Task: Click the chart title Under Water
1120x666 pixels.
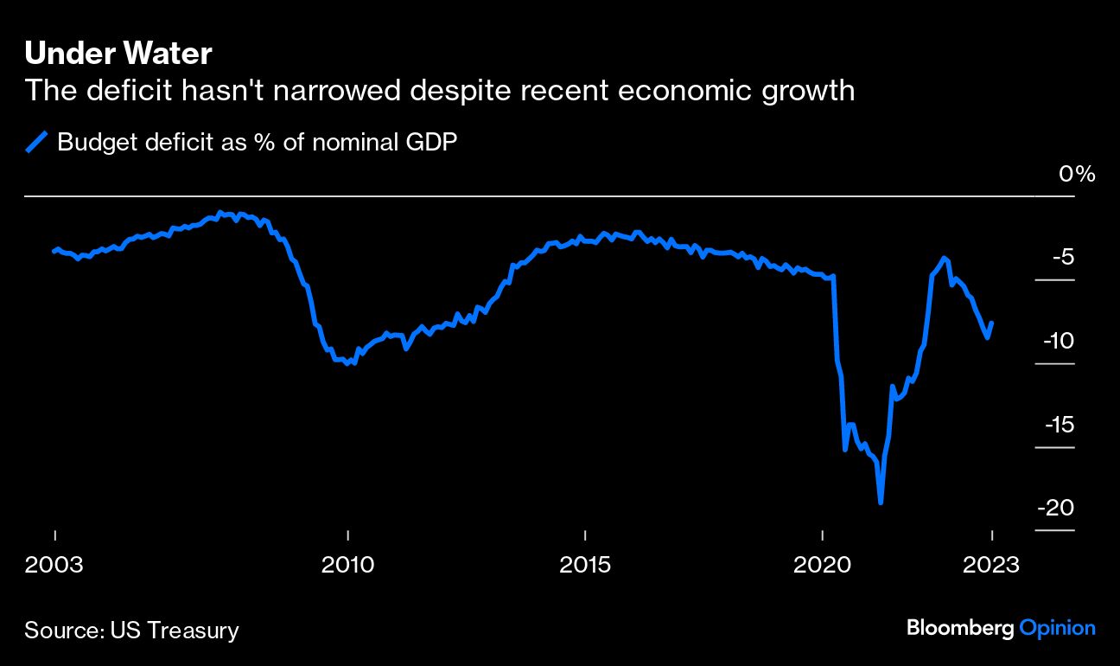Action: [x=118, y=54]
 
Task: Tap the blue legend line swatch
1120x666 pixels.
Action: [x=37, y=142]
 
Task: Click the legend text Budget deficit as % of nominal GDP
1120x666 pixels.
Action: [x=257, y=142]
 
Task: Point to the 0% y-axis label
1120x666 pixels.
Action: [x=1077, y=174]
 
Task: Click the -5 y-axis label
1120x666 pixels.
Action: [x=1064, y=258]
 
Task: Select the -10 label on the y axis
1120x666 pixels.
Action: [x=1059, y=341]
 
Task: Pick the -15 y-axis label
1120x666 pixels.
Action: [x=1059, y=425]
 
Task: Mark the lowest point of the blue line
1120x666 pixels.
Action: [x=881, y=502]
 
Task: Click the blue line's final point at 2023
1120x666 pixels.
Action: [x=992, y=323]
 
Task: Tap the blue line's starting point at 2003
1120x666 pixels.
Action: [x=54, y=252]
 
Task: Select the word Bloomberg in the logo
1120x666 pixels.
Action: [x=959, y=629]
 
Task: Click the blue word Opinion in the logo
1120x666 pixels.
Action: [x=1058, y=629]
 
